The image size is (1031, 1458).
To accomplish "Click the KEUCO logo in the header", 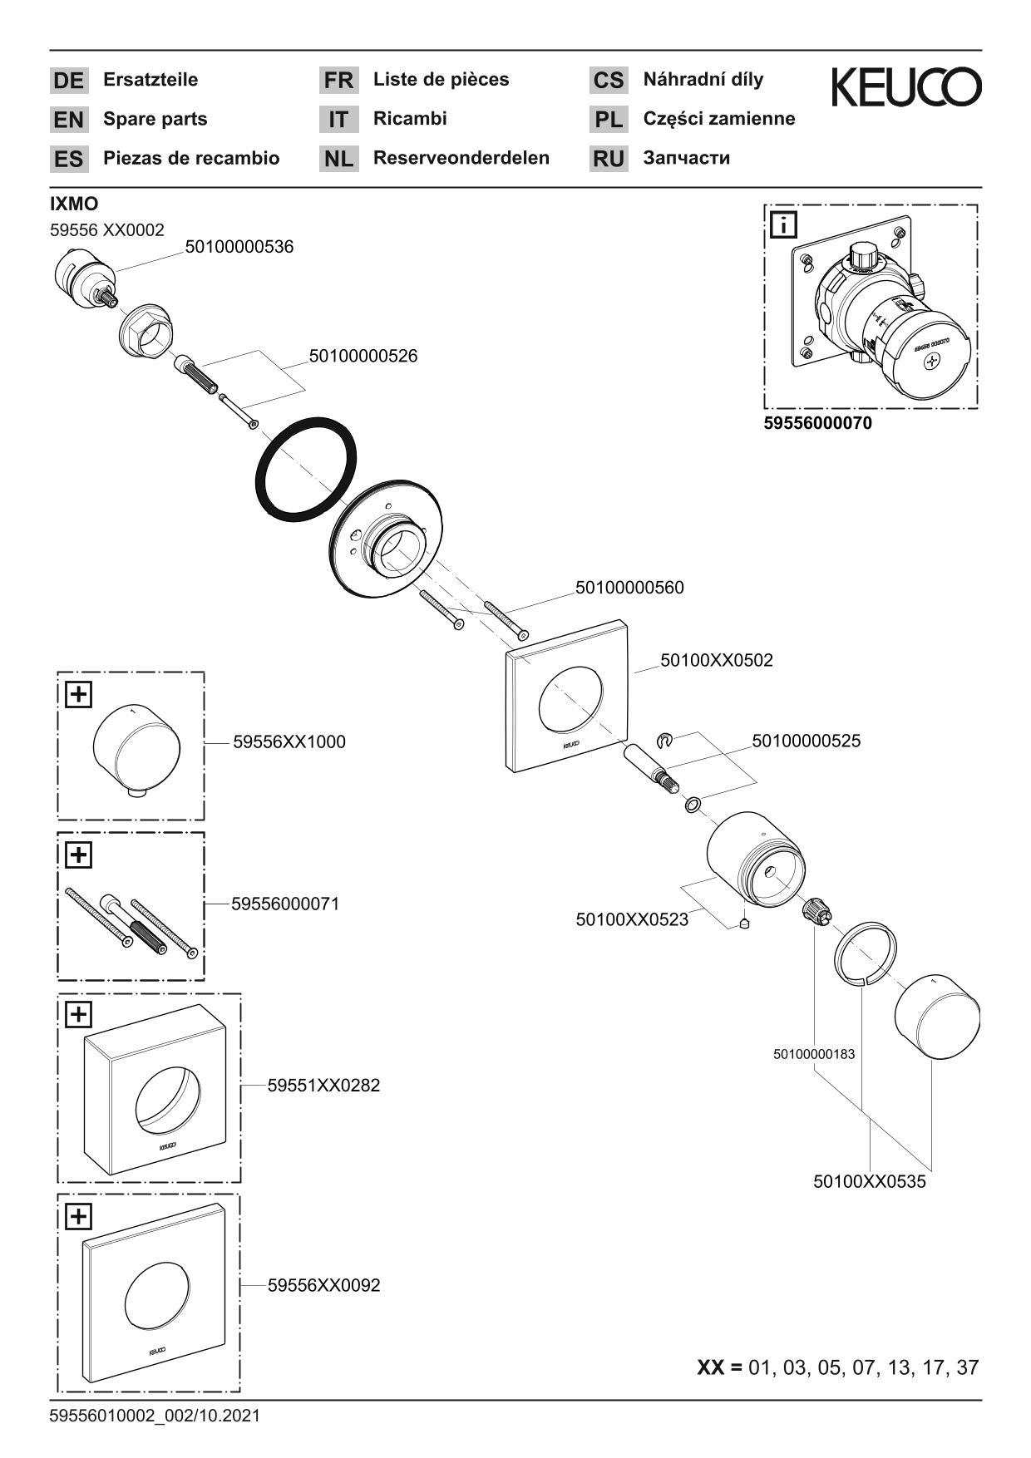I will pyautogui.click(x=906, y=87).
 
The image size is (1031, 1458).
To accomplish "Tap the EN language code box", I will pyautogui.click(x=68, y=120).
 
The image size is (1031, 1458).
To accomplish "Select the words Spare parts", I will pyautogui.click(x=155, y=119).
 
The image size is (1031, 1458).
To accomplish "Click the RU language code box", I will pyautogui.click(x=609, y=159).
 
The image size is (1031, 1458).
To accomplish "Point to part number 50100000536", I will pyautogui.click(x=239, y=247).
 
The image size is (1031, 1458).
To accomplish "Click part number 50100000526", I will pyautogui.click(x=363, y=356).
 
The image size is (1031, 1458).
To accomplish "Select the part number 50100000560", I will pyautogui.click(x=629, y=588).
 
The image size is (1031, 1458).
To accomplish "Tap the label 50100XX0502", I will pyautogui.click(x=717, y=660).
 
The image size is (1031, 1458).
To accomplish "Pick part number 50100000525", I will pyautogui.click(x=807, y=740).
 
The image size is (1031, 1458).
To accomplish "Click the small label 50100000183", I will pyautogui.click(x=814, y=1054).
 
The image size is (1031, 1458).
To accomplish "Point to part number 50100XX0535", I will pyautogui.click(x=869, y=1181).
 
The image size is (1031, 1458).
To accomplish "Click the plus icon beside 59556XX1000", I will pyautogui.click(x=78, y=693).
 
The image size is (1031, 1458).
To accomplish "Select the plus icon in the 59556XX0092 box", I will pyautogui.click(x=78, y=1216).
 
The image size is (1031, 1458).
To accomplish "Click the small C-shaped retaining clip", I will pyautogui.click(x=664, y=739).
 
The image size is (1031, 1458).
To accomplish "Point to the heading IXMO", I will pyautogui.click(x=74, y=204).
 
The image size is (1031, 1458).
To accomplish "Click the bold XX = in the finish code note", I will pyautogui.click(x=719, y=1367).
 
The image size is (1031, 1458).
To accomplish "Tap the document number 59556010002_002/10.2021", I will pyautogui.click(x=155, y=1415).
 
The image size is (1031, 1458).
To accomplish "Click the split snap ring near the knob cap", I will pyautogui.click(x=866, y=953).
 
